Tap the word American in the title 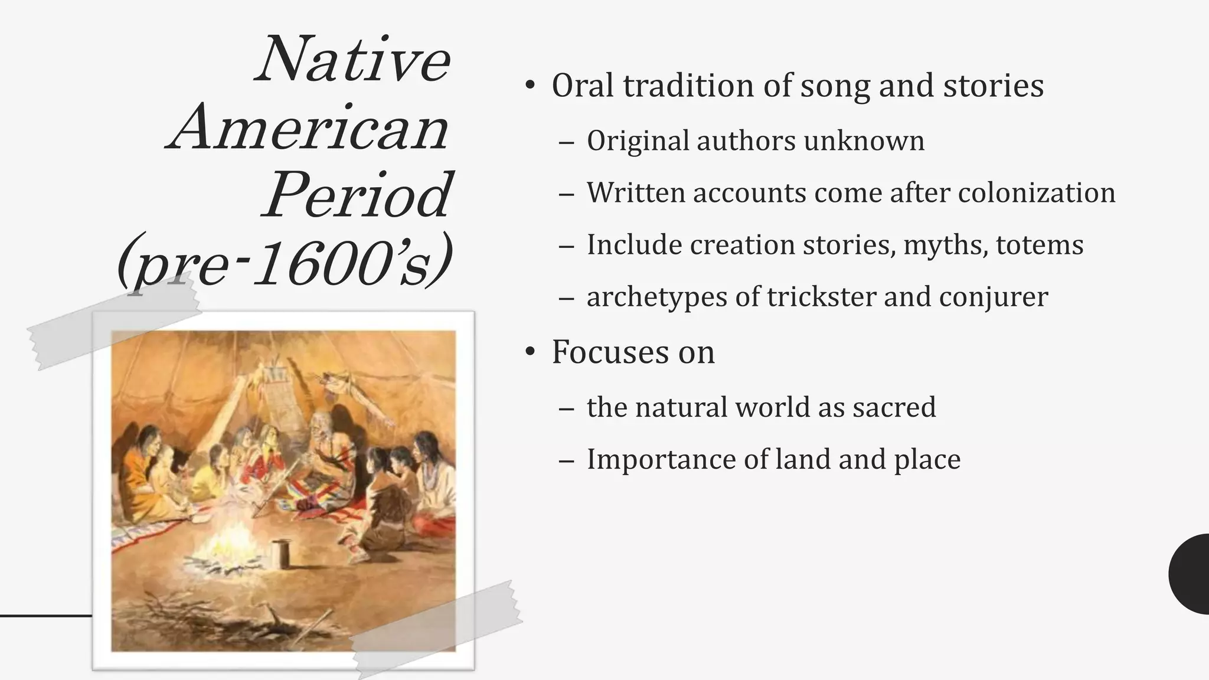(x=309, y=128)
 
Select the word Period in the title (x=358, y=195)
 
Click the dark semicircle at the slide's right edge (x=1191, y=574)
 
